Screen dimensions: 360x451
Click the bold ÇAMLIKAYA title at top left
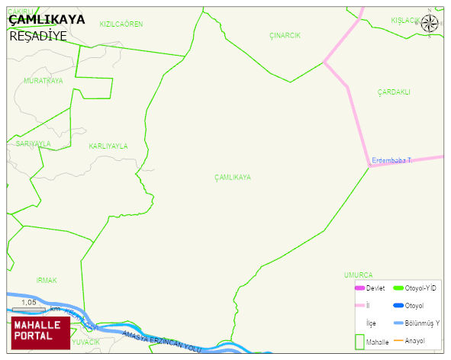(47, 20)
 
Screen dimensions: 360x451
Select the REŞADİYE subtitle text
(37, 36)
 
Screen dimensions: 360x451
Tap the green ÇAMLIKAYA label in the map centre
(233, 177)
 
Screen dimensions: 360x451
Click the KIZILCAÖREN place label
(121, 24)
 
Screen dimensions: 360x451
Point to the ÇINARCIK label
(285, 36)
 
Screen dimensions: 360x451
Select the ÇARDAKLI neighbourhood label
(394, 92)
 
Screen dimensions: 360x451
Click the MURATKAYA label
(43, 80)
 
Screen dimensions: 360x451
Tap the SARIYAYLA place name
(34, 143)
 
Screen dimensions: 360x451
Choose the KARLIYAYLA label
(108, 146)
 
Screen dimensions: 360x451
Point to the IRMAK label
(47, 280)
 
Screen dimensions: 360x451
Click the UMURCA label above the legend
(358, 275)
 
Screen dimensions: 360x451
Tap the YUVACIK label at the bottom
(86, 342)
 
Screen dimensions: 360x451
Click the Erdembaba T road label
(391, 160)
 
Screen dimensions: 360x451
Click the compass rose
(430, 23)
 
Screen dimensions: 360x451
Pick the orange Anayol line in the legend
(398, 340)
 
